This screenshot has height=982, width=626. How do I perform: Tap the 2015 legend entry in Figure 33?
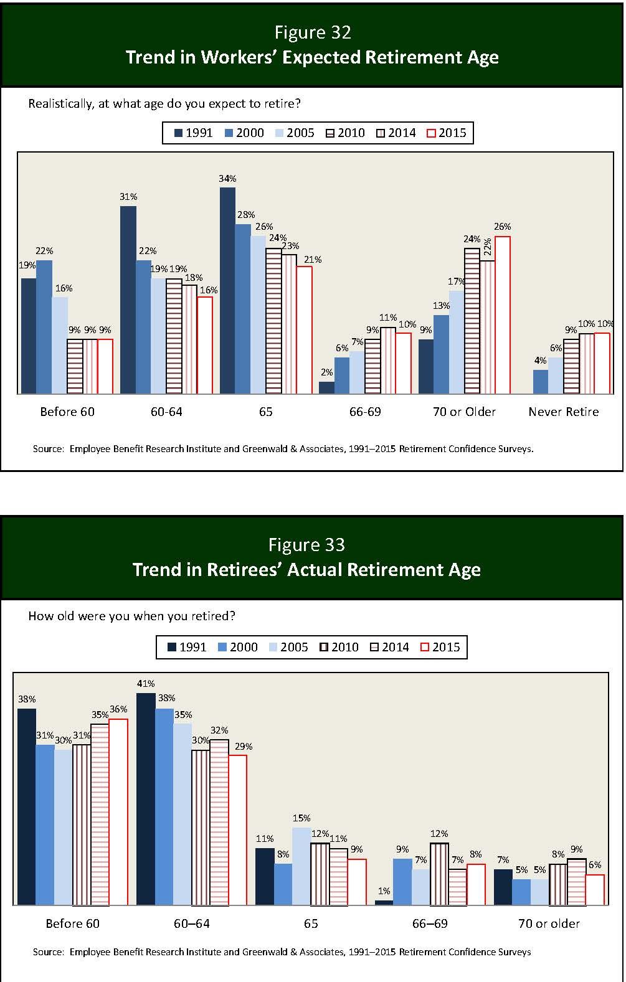(440, 647)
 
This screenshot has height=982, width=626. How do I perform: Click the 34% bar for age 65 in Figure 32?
(227, 290)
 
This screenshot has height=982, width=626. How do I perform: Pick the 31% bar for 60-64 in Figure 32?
(128, 300)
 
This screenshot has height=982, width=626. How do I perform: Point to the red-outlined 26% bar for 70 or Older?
(503, 315)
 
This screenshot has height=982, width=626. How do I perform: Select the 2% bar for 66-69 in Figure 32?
(326, 387)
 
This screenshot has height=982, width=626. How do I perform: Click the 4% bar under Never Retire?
(541, 382)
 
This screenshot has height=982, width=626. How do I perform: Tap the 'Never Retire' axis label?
(563, 412)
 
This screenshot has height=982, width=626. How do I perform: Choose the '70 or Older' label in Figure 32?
(464, 412)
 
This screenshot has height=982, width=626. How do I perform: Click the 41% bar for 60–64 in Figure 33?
(145, 799)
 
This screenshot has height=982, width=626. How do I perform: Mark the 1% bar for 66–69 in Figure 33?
(384, 902)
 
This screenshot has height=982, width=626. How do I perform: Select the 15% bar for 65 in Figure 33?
(301, 866)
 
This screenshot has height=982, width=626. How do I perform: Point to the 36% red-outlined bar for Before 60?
(118, 812)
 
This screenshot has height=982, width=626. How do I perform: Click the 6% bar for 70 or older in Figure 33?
(595, 890)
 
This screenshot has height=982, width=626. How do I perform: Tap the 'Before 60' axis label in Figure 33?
(72, 923)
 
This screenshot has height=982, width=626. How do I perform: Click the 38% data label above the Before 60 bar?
(27, 699)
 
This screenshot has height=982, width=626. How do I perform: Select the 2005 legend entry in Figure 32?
(294, 133)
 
